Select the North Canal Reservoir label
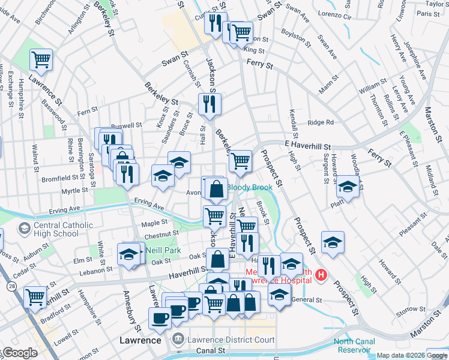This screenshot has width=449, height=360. pos(354,346)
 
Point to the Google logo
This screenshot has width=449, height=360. pos(19,353)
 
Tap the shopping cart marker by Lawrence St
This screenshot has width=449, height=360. pos(41,59)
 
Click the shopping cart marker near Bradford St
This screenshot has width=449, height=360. pos(35,296)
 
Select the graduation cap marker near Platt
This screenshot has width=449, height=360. pos(347,186)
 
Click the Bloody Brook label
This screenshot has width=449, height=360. pos(249,187)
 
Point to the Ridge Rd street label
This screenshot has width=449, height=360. pos(321,122)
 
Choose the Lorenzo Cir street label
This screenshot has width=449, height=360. pos(334,14)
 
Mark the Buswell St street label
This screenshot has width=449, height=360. pos(130,126)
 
